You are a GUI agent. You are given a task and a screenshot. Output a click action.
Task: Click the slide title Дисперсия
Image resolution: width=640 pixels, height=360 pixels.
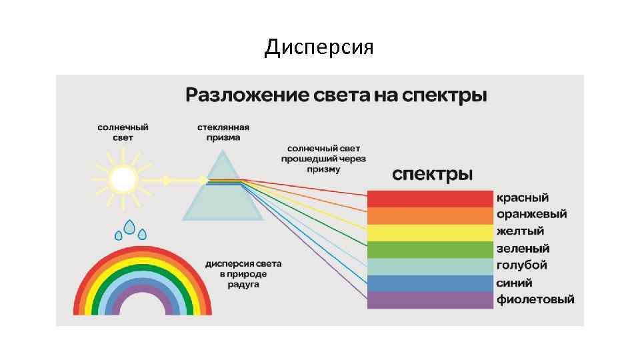point(319,47)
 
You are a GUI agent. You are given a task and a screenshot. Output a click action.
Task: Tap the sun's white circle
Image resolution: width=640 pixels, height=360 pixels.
point(123,179)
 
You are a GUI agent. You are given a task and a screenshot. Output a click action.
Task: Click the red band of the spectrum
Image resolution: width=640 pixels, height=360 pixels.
point(431,199)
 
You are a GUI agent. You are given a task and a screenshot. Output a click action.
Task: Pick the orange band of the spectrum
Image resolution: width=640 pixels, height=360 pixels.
point(431,215)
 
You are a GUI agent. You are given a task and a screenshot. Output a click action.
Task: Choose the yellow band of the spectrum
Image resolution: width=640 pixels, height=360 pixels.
point(431,232)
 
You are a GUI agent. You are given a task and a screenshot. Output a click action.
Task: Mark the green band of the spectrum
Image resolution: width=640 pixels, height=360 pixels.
point(431,249)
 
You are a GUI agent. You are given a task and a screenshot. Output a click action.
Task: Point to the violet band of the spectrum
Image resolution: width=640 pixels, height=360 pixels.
point(431,300)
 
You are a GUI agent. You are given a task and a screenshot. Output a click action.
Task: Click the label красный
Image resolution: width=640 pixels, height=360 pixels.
point(522,198)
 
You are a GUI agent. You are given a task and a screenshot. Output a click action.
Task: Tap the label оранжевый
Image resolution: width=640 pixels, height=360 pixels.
point(531,215)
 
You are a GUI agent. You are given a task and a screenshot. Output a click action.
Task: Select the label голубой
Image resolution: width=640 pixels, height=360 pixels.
point(522,265)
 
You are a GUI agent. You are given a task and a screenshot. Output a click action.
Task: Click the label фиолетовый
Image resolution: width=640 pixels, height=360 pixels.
point(535,299)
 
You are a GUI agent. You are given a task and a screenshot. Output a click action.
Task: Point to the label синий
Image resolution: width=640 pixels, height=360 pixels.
point(514,283)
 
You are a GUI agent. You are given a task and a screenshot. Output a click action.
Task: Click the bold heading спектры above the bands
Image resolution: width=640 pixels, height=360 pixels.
point(432,175)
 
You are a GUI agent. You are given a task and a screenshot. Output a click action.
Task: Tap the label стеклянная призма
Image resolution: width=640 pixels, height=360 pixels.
point(223,132)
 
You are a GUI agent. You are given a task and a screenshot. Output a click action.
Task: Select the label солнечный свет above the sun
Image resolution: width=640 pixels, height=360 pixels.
point(123,132)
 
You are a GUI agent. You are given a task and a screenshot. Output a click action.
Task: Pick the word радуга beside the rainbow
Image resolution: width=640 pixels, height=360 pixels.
point(243,285)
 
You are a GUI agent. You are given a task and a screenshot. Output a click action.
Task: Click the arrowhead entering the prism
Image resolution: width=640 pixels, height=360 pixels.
point(203,179)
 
